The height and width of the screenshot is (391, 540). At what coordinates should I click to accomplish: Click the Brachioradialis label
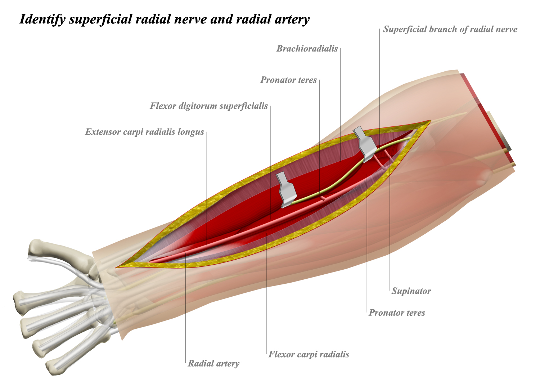click(x=307, y=49)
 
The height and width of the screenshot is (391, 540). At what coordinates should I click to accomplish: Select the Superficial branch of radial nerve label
click(x=450, y=30)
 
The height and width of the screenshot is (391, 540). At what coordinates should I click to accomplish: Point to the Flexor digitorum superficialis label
click(x=209, y=106)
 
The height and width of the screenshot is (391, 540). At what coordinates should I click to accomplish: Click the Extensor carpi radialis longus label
click(x=145, y=132)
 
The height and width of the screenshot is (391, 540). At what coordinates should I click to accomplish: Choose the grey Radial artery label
click(x=213, y=364)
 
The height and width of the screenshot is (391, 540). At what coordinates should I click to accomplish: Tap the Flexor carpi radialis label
click(x=309, y=355)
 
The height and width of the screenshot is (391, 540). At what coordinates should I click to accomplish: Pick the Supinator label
click(x=411, y=291)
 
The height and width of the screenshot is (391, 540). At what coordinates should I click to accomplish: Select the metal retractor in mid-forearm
click(x=287, y=189)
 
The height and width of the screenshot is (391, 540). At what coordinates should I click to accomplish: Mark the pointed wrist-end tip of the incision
click(x=117, y=268)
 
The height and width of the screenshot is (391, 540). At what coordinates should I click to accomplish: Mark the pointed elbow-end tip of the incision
click(x=430, y=121)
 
